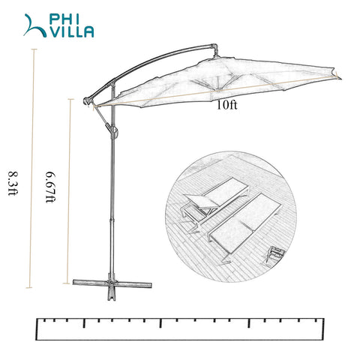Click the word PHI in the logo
pyautogui.click(x=64, y=19)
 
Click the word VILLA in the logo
pyautogui.click(x=70, y=32)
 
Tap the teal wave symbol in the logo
pyautogui.click(x=35, y=25)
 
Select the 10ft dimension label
pyautogui.click(x=226, y=105)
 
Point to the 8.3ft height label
pyautogui.click(x=12, y=183)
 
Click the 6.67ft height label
pyautogui.click(x=50, y=187)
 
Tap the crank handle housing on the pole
pyautogui.click(x=114, y=132)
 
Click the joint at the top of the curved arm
pyautogui.click(x=214, y=47)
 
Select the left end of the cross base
pyautogui.click(x=74, y=282)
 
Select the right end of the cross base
pyautogui.click(x=150, y=285)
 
